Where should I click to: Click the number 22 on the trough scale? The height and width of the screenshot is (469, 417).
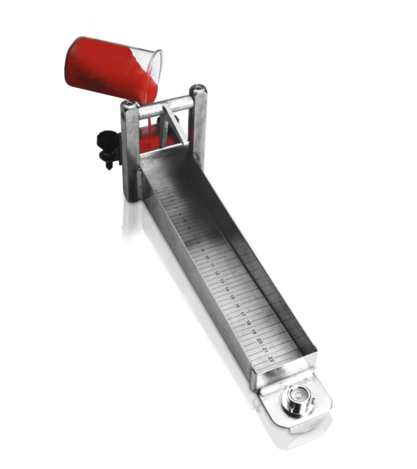271,358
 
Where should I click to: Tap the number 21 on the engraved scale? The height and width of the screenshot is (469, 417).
265,349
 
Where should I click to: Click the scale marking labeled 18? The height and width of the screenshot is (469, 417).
248,322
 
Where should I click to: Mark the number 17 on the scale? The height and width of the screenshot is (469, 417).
242,313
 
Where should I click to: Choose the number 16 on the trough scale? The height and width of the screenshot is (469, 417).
237,305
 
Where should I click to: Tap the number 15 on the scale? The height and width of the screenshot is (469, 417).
232,296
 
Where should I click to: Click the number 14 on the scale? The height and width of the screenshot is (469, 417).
226,288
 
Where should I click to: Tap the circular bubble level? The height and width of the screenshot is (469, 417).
295,398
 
